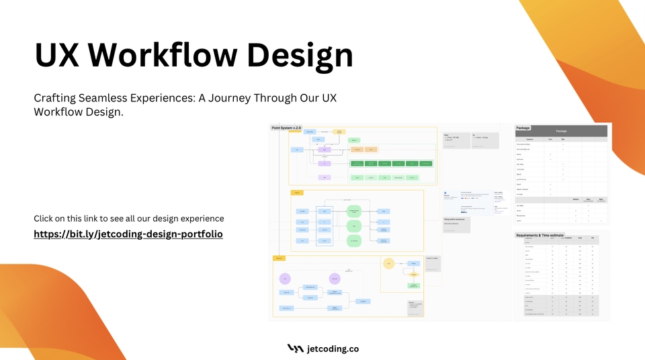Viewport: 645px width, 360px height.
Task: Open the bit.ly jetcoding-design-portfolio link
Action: (x=128, y=234)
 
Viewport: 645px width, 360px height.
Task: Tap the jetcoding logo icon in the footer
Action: (x=295, y=349)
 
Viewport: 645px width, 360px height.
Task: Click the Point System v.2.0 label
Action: (x=287, y=127)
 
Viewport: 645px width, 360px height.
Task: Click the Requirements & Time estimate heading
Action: (x=550, y=235)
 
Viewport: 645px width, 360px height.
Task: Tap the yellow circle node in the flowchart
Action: (x=388, y=264)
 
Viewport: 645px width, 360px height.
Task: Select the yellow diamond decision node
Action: (x=414, y=274)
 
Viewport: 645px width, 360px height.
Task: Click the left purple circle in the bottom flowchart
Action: (x=286, y=278)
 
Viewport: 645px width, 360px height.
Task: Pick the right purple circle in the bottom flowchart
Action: (x=334, y=278)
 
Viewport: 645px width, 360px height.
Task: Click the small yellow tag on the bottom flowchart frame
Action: (x=278, y=258)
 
